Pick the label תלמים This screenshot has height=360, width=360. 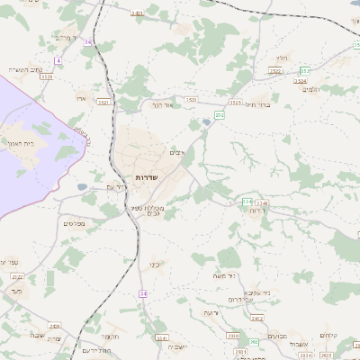[311, 88]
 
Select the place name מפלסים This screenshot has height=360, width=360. [74, 222]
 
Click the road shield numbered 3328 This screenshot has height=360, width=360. [47, 77]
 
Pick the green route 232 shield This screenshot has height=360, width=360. [220, 115]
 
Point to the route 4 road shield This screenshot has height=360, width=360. [58, 60]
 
